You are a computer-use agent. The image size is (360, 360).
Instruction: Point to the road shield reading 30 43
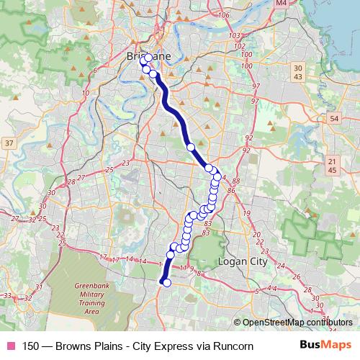(x=299, y=72)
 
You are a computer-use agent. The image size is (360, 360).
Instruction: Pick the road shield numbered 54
(x=333, y=117)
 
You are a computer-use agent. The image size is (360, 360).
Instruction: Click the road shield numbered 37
(x=9, y=144)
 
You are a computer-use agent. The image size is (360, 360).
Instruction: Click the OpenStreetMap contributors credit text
(x=293, y=323)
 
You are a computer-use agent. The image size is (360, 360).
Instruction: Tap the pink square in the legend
(x=10, y=346)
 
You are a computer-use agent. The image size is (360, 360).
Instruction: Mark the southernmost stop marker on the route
(x=167, y=283)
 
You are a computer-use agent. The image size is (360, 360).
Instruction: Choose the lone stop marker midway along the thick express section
(x=191, y=147)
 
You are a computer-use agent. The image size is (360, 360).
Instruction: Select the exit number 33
(x=7, y=295)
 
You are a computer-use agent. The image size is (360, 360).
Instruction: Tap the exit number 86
(x=231, y=191)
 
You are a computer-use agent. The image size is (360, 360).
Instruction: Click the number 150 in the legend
(x=31, y=346)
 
